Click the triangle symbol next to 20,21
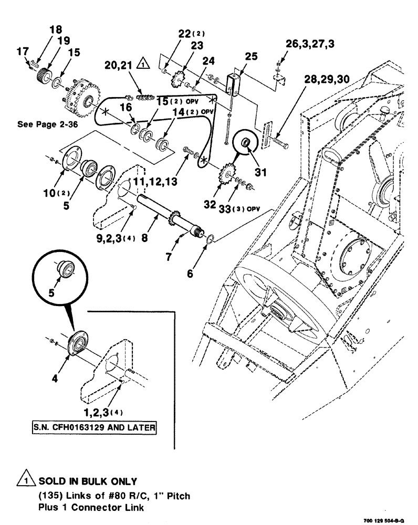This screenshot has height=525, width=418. coord(142,65)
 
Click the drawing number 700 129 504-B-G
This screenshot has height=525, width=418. coord(383,520)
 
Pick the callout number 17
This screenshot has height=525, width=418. coord(23,51)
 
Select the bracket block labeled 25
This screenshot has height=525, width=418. coord(232,83)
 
